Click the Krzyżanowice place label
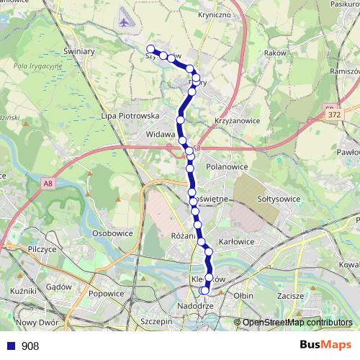pyautogui.click(x=237, y=121)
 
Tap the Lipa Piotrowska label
pyautogui.click(x=130, y=115)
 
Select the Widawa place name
pyautogui.click(x=160, y=134)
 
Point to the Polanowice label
pyautogui.click(x=227, y=166)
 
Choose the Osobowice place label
pyautogui.click(x=114, y=233)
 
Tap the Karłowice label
pyautogui.click(x=237, y=242)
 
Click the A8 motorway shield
pyautogui.click(x=48, y=184)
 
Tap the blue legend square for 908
pyautogui.click(x=12, y=346)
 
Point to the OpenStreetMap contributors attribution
pyautogui.click(x=297, y=323)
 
